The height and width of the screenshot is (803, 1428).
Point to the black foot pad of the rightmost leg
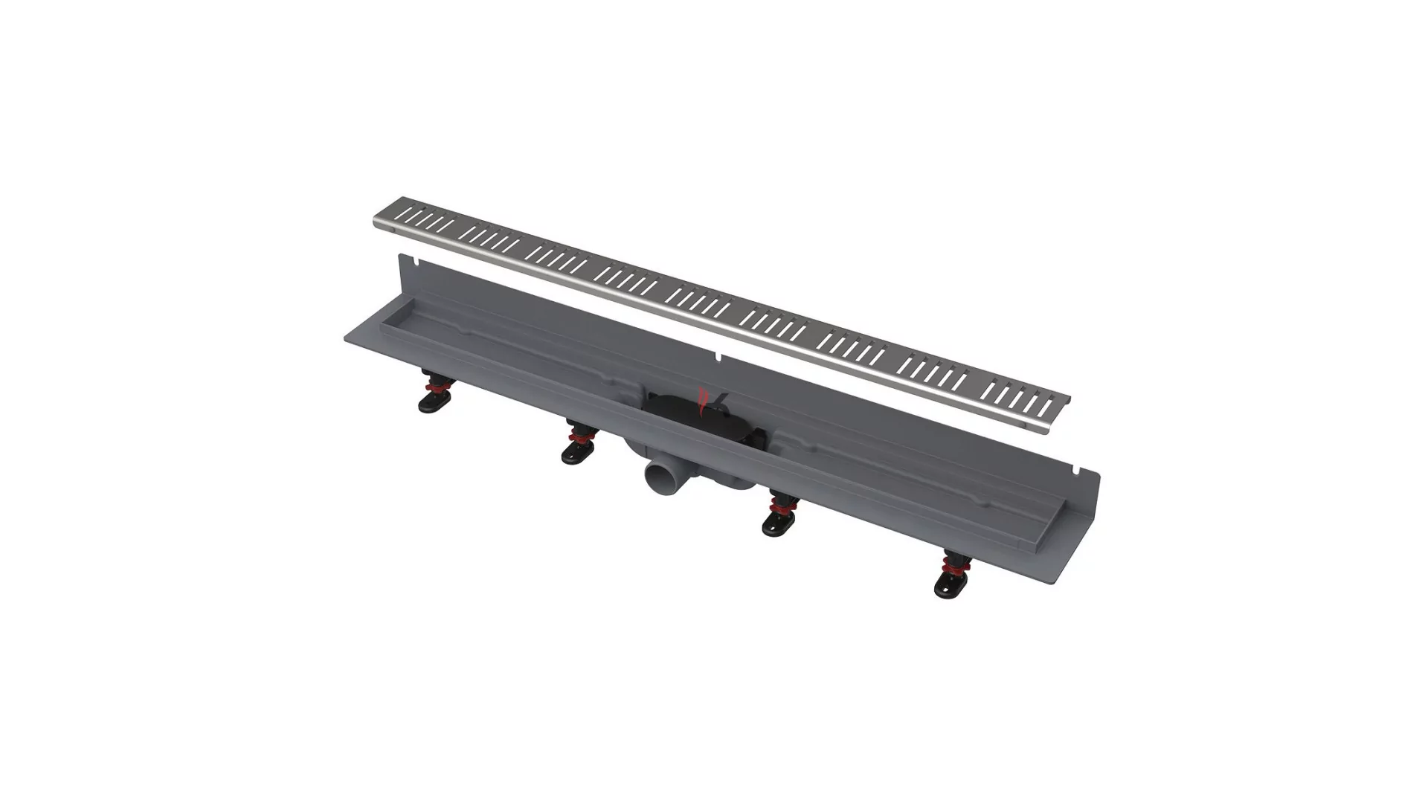click(950, 588)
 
